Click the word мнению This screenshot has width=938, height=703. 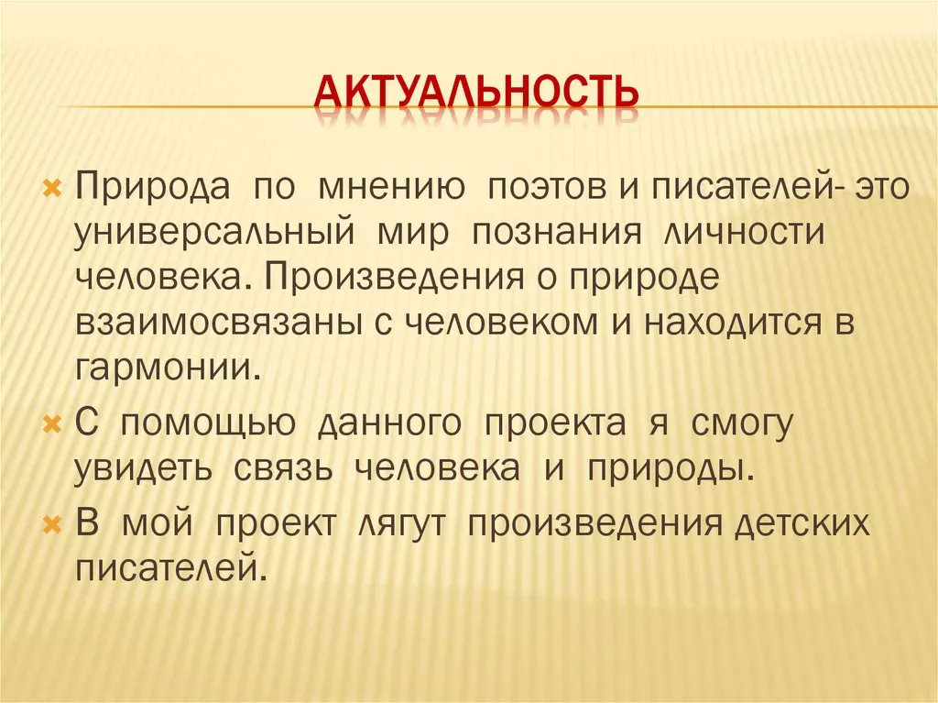click(391, 187)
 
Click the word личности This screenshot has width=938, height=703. click(744, 232)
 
